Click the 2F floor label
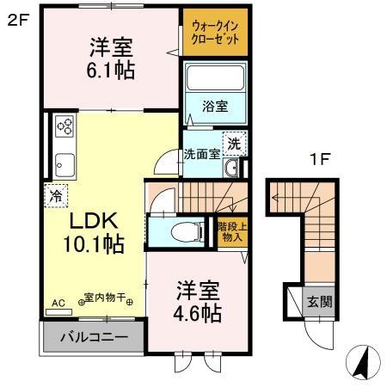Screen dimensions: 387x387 pyautogui.click(x=19, y=20)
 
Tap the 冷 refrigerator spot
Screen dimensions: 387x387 pyautogui.click(x=53, y=194)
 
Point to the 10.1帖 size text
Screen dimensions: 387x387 pyautogui.click(x=93, y=244)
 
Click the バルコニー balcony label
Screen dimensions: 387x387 pyautogui.click(x=93, y=335)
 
